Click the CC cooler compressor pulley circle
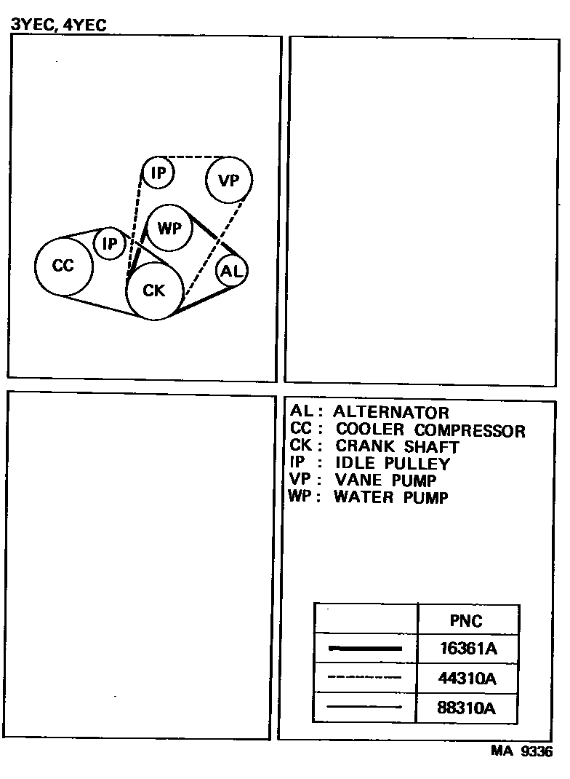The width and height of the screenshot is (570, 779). click(64, 266)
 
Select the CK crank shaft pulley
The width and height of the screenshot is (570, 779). click(154, 290)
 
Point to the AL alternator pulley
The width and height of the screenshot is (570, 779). click(232, 272)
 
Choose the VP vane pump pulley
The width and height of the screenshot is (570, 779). click(229, 180)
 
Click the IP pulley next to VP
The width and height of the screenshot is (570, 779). click(158, 173)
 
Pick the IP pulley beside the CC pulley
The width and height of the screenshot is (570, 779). click(110, 244)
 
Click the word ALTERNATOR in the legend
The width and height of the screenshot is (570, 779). click(391, 413)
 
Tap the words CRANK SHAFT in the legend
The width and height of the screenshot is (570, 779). click(397, 446)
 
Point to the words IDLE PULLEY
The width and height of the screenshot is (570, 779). click(392, 463)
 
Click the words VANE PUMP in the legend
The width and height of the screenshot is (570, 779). click(385, 480)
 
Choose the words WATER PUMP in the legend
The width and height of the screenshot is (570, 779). click(391, 497)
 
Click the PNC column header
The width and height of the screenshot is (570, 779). click(466, 621)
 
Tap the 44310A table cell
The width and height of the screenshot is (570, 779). click(467, 679)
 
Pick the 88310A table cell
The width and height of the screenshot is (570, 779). click(467, 708)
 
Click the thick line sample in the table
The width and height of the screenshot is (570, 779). click(365, 648)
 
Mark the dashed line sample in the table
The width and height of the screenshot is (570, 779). click(365, 678)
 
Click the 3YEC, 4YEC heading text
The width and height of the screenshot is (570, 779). click(59, 25)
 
